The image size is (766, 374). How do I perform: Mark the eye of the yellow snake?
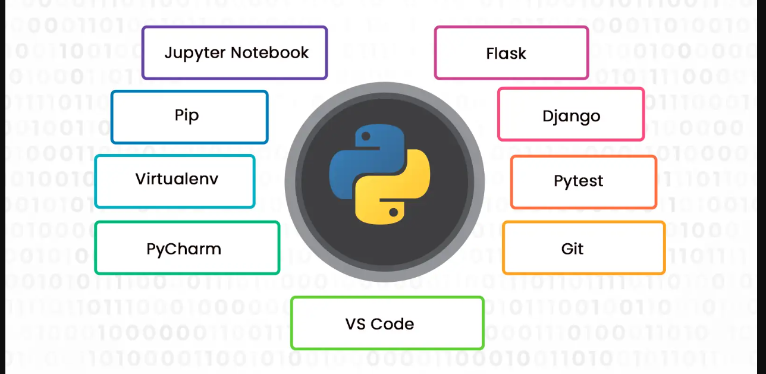point(393,211)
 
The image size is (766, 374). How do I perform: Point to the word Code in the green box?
point(393,324)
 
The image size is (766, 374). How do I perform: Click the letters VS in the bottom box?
point(355,324)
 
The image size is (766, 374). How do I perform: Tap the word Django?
point(571,116)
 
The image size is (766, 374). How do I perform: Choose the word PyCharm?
point(183,249)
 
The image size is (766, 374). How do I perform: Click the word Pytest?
point(578,181)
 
